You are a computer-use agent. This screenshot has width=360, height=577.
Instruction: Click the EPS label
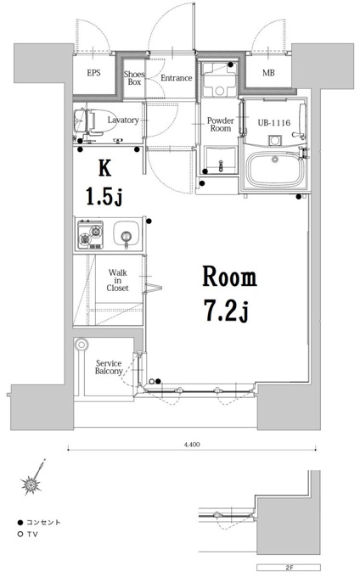tap(94, 73)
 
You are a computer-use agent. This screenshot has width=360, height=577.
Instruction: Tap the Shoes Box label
tap(134, 78)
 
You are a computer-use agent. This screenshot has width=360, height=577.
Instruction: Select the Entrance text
tap(177, 78)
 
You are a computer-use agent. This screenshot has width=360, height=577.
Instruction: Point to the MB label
tap(268, 73)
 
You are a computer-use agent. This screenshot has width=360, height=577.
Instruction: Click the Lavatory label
tap(123, 120)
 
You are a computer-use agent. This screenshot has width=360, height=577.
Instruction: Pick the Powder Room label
tap(221, 125)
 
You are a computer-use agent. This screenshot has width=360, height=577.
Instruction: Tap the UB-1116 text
tap(274, 122)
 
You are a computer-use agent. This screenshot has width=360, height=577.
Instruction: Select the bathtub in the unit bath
tap(276, 170)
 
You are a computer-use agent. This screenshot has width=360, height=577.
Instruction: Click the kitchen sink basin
tap(127, 234)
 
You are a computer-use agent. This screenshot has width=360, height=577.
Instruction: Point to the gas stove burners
tap(90, 234)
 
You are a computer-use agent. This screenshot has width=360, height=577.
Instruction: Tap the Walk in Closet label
tap(117, 280)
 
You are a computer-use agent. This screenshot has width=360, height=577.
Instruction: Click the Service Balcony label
tap(109, 367)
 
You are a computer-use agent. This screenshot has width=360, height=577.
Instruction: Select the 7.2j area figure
tap(227, 311)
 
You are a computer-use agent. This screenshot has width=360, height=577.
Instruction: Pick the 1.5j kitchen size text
tap(104, 196)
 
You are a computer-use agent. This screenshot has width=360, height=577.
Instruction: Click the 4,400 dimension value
tap(192, 445)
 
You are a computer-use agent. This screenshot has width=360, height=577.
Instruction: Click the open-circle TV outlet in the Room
tap(152, 381)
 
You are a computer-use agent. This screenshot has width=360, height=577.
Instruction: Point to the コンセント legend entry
tap(39, 522)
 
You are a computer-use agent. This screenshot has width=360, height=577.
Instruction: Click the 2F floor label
tap(289, 568)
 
